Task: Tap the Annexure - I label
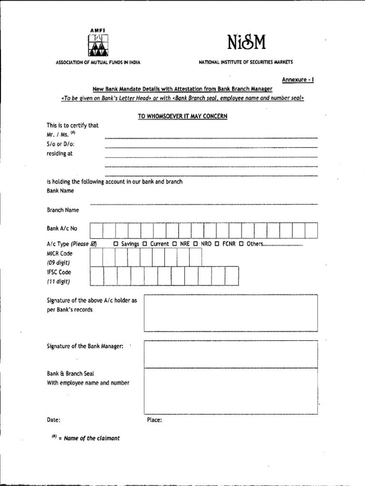tap(298, 80)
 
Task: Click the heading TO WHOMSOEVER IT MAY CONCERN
tap(182, 116)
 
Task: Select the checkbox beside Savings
tap(116, 244)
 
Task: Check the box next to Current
tap(145, 244)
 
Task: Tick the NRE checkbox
tap(175, 244)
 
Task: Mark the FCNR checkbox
tap(217, 244)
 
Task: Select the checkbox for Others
tap(241, 244)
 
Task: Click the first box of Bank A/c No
tap(96, 230)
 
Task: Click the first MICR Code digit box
tap(96, 258)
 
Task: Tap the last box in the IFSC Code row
tap(231, 276)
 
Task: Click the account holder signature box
tap(231, 313)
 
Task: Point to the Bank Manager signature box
tap(231, 354)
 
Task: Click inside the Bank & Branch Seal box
tap(231, 391)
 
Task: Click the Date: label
tap(53, 420)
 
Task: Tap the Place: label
tap(154, 420)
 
